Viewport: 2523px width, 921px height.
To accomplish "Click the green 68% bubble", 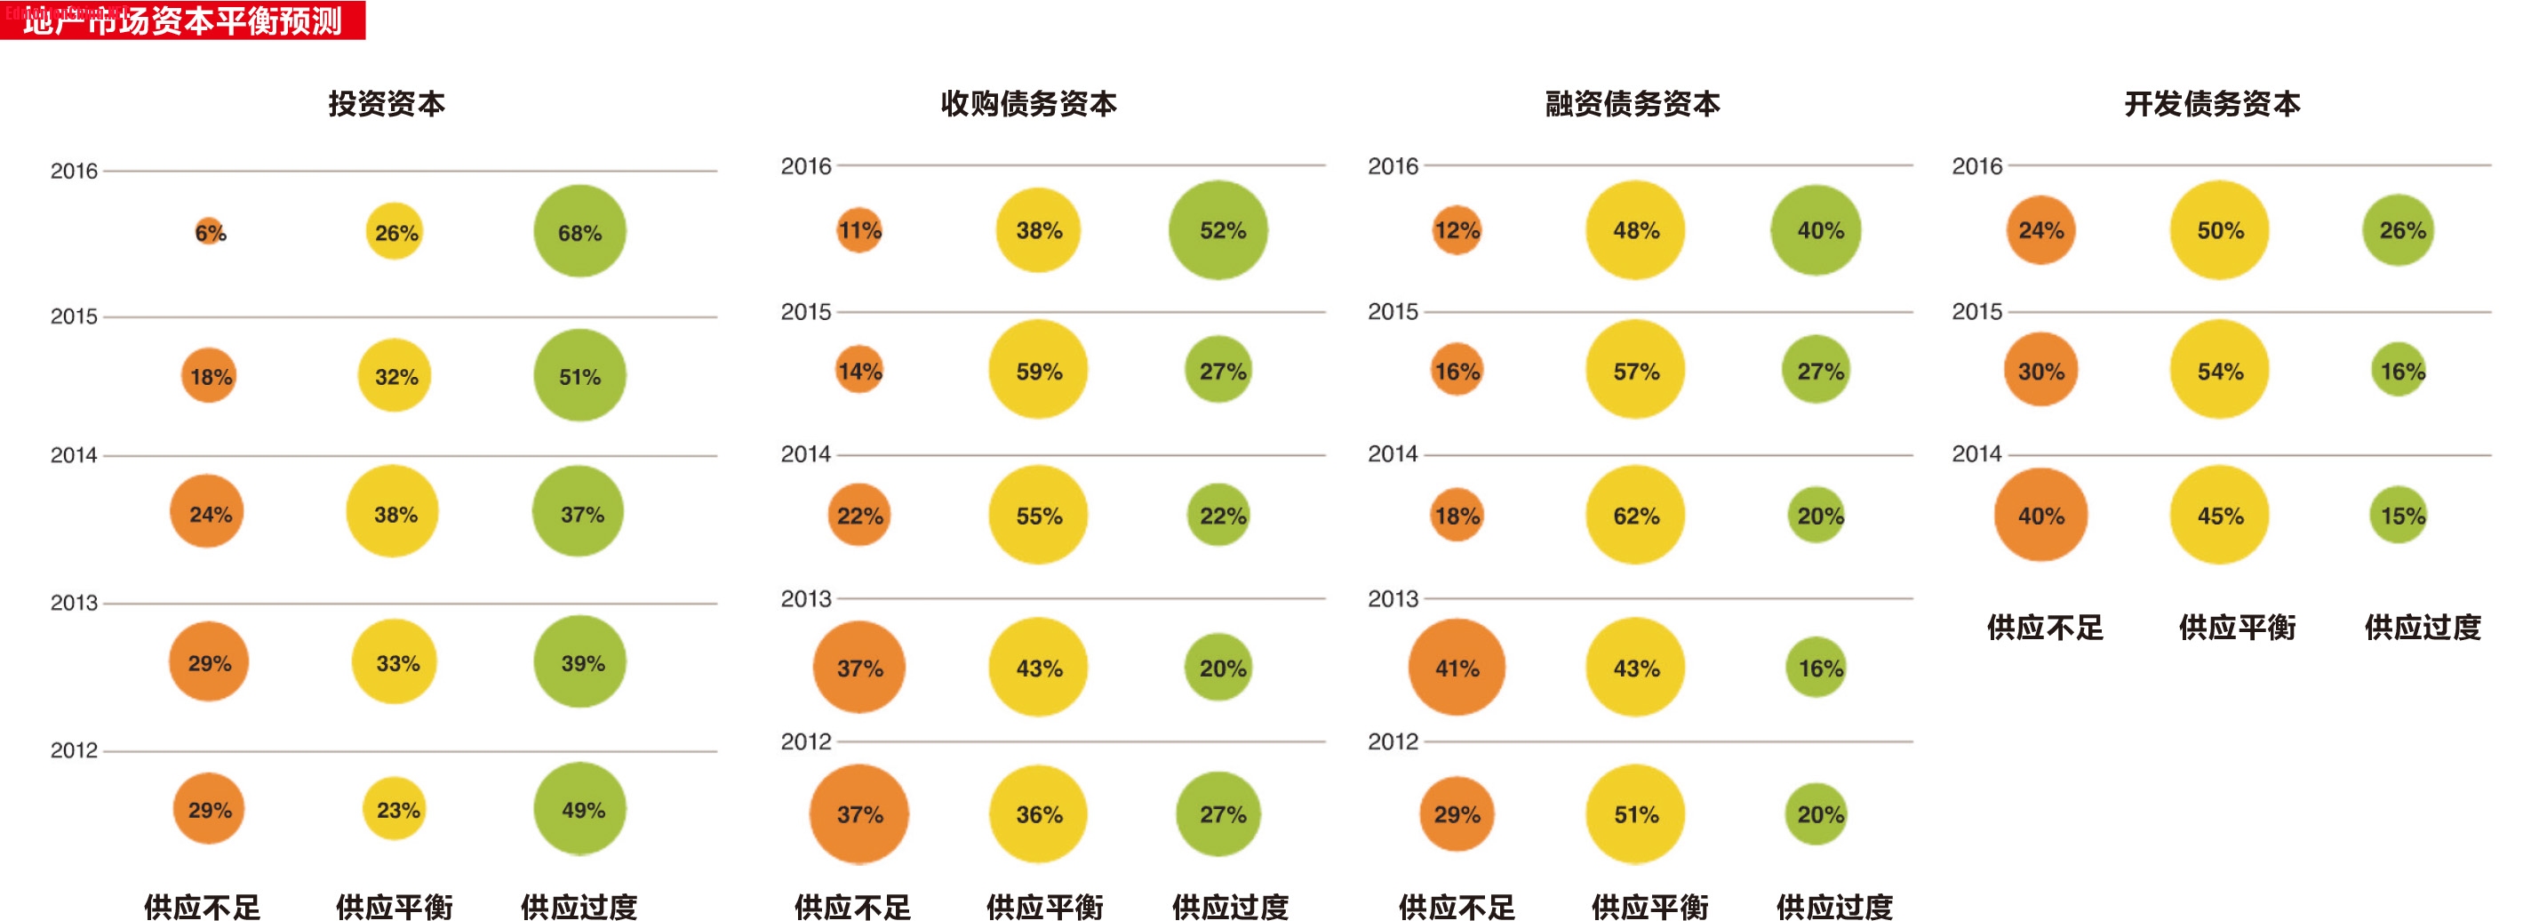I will click(579, 231).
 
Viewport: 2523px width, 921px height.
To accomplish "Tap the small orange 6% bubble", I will click(209, 231).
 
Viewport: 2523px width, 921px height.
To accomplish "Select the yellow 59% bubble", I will click(1038, 370).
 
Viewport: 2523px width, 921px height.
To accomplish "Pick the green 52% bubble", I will click(1218, 230).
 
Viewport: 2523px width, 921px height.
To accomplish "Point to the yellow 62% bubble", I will click(1634, 515).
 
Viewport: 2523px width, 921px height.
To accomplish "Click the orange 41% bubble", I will click(1457, 668).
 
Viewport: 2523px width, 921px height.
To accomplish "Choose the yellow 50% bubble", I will click(2219, 230).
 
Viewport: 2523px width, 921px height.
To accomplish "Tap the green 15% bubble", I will click(2399, 515).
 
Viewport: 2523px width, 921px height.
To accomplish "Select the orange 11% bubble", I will click(859, 230).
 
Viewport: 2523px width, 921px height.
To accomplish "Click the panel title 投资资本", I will click(386, 104).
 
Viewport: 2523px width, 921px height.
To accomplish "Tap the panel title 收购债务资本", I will click(1028, 104).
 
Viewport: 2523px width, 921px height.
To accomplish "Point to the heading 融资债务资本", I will click(1633, 104).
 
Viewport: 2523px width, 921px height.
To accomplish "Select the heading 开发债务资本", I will click(2212, 104).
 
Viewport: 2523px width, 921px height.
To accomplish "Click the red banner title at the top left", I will click(182, 20).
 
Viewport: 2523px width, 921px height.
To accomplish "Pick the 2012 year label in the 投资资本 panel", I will click(74, 750).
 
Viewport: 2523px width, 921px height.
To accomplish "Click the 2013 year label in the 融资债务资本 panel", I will click(1392, 598).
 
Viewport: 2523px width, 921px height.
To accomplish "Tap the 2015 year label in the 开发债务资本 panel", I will click(1976, 311).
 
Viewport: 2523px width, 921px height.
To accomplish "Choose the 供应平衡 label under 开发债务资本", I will click(2237, 627).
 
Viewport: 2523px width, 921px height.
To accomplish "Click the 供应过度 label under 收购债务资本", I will click(1230, 906).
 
